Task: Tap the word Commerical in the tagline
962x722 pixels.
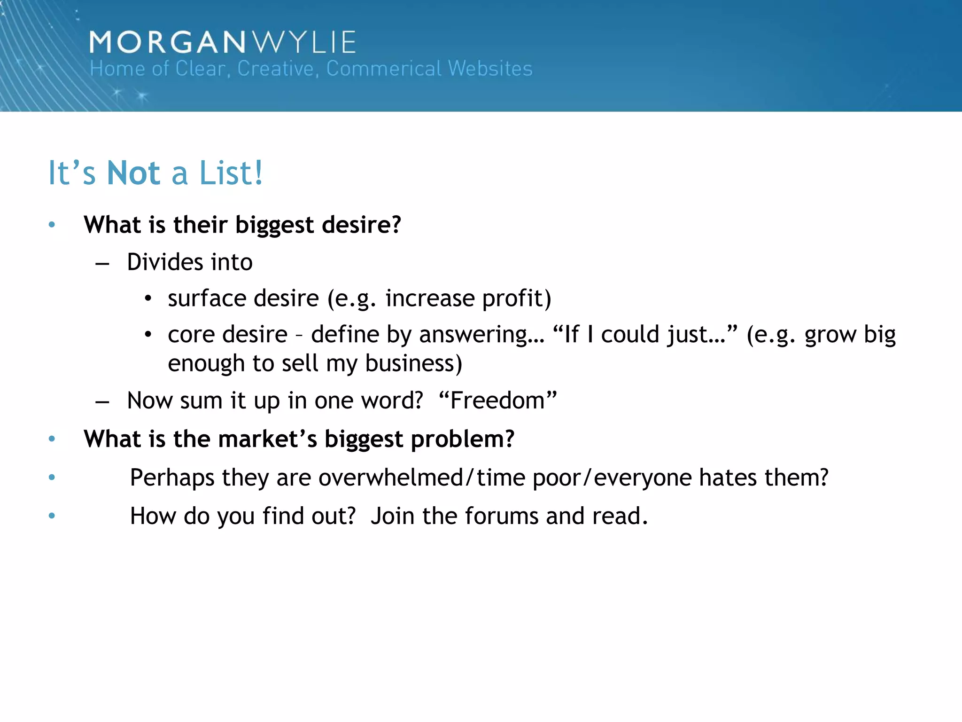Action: click(384, 69)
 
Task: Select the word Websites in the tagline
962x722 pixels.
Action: click(490, 69)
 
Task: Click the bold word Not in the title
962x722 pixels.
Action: click(134, 173)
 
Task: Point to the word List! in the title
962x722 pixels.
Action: click(231, 173)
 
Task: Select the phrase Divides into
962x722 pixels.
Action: click(190, 262)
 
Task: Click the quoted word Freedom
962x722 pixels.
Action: click(498, 400)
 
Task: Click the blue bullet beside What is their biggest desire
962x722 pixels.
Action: click(52, 225)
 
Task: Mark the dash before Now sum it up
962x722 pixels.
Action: click(102, 402)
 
